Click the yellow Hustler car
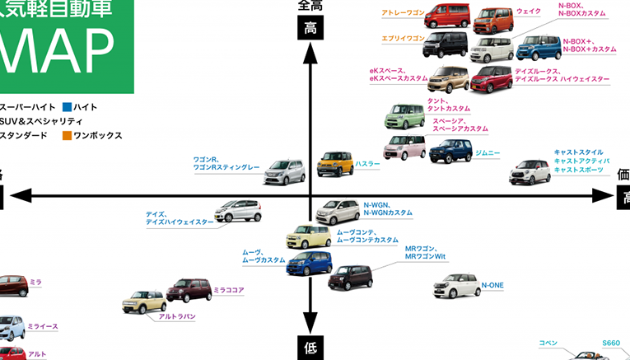click(335, 164)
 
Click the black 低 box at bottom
click(310, 346)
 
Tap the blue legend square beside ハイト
click(67, 107)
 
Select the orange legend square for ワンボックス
click(67, 135)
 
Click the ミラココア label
click(229, 290)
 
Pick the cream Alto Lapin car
click(144, 302)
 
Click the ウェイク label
click(529, 12)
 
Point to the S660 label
click(610, 343)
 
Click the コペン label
click(548, 343)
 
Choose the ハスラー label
click(368, 164)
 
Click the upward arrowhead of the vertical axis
click(310, 51)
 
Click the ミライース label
click(43, 326)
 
